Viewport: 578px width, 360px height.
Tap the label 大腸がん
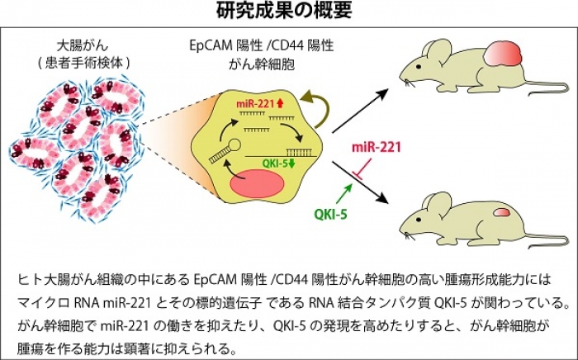pos(68,42)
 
